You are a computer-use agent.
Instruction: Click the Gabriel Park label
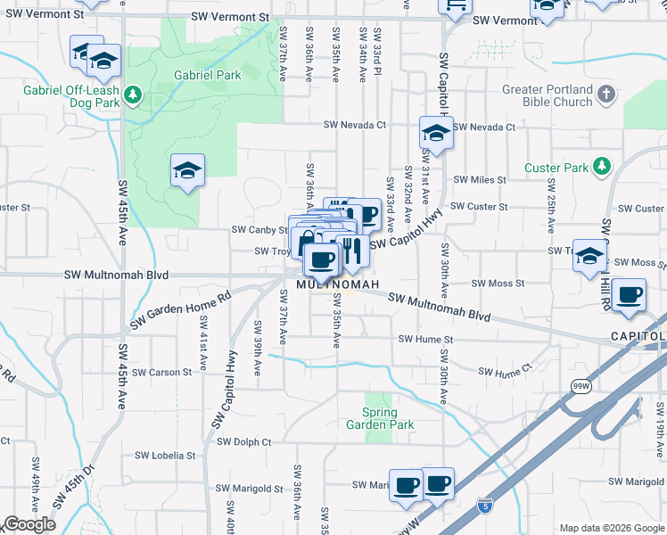[208, 76]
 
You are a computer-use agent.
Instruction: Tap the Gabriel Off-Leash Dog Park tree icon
[133, 93]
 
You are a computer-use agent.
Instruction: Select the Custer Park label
[556, 168]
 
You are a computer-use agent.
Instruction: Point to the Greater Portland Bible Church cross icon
[605, 93]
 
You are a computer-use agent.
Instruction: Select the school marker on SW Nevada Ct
[436, 134]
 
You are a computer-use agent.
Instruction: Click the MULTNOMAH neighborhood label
[338, 284]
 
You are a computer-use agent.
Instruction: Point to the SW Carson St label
[161, 372]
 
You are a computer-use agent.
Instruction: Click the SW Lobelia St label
[165, 456]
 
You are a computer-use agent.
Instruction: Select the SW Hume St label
[425, 339]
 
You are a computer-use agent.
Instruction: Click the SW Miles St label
[480, 180]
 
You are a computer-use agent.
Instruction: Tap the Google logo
[29, 524]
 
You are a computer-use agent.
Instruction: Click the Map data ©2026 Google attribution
[612, 528]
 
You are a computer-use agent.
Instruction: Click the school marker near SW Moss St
[589, 256]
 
